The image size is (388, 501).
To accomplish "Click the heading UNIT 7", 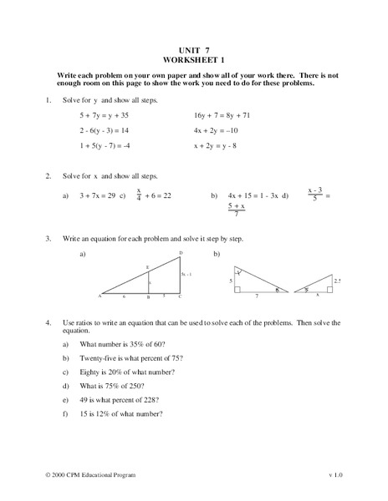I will click(x=194, y=49).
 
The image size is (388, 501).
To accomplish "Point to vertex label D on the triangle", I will click(x=180, y=252).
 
